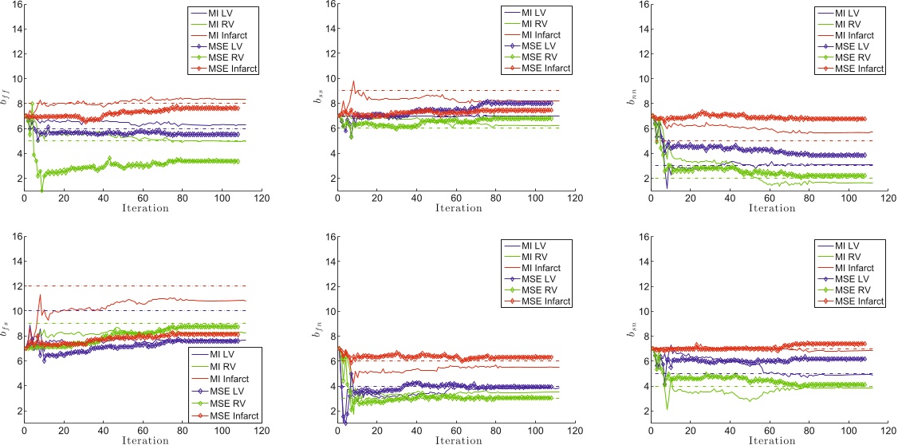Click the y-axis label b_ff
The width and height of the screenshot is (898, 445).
[x=6, y=98]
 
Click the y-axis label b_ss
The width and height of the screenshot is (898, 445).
[x=319, y=99]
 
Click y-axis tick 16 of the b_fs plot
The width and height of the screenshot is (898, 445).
[x=16, y=236]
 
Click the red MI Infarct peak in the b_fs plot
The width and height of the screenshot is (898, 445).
[x=40, y=295]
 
